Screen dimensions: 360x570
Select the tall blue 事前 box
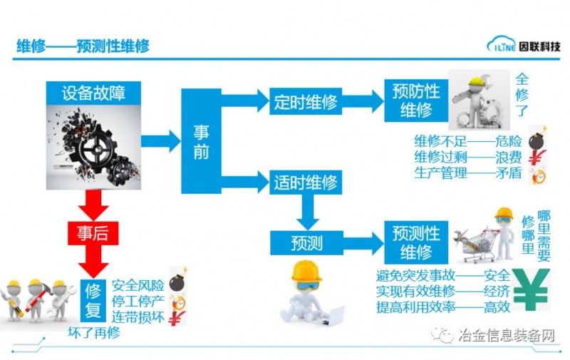201,141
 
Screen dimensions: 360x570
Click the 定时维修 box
306,101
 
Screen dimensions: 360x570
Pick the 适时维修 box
306,182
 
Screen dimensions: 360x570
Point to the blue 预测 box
306,243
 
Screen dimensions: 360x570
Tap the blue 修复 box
94,297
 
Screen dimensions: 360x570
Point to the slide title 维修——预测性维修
83,46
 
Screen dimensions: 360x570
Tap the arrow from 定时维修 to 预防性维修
364,101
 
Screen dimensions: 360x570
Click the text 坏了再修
93,332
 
